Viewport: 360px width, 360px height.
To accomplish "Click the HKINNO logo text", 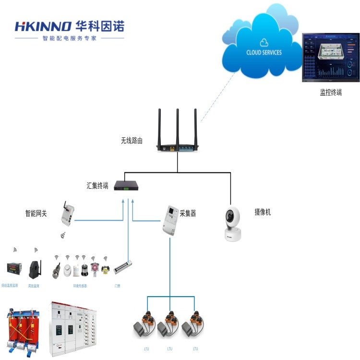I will click(x=43, y=26).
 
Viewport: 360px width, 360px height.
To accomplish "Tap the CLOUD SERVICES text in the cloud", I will click(x=264, y=52).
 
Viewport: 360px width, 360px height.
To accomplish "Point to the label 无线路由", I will click(x=132, y=141).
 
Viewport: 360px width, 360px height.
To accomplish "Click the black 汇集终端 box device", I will click(x=127, y=185).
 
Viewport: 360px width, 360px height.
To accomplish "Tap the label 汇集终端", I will click(x=97, y=185).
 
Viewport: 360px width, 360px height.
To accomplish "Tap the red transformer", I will click(x=22, y=326).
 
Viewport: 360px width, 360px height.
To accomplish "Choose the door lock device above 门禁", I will click(x=122, y=267).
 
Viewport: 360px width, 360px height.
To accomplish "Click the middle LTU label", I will click(x=169, y=348).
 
